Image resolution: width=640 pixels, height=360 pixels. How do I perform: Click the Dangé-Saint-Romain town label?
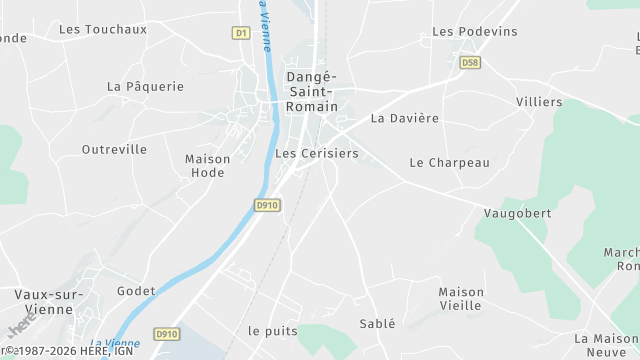tap(312, 91)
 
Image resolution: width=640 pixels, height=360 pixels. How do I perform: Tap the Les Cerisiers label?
tap(316, 154)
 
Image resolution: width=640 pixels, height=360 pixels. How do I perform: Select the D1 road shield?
tap(241, 33)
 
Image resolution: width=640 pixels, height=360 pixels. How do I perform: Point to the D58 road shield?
tap(470, 62)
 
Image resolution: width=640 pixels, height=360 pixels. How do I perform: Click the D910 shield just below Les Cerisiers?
tap(267, 205)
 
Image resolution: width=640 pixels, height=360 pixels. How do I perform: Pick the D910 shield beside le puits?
tap(166, 333)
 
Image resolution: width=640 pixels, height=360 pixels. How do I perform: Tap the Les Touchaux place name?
tap(103, 29)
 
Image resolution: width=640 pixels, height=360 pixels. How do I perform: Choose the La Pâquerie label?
tap(145, 87)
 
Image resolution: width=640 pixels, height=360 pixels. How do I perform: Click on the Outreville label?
tap(114, 150)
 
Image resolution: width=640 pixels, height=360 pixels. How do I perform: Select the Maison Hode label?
tap(208, 166)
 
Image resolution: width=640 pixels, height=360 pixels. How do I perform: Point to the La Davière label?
tap(405, 118)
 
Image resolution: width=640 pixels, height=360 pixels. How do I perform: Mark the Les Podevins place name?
tap(475, 32)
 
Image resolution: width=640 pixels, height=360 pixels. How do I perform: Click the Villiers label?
tap(539, 102)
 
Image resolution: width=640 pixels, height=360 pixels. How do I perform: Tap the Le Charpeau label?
tap(450, 163)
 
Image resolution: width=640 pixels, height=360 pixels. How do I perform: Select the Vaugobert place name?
tap(517, 214)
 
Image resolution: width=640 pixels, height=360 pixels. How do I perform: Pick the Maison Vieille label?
tap(461, 299)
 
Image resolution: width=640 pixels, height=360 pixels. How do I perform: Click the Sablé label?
tap(377, 324)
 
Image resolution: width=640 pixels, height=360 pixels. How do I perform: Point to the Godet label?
tap(136, 291)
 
